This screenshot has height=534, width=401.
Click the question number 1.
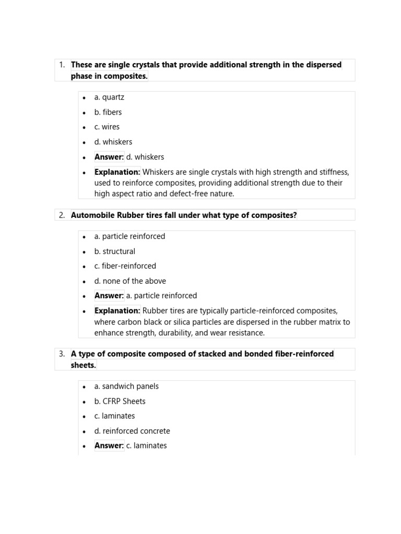[x=62, y=65]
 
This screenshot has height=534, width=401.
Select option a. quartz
[x=109, y=97]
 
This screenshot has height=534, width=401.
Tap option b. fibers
[x=108, y=112]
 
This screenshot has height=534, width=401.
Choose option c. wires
[x=107, y=127]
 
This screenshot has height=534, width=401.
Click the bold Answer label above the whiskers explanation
[x=109, y=157]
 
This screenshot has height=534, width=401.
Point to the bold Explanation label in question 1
[x=117, y=172]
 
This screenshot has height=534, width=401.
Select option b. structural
[x=114, y=251]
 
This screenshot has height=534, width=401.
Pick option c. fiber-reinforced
[x=125, y=266]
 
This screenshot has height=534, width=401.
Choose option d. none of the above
[x=130, y=281]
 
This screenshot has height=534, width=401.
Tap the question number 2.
[x=62, y=215]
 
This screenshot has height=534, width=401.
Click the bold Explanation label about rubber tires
[x=117, y=311]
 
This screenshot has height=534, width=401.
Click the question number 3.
[x=62, y=354]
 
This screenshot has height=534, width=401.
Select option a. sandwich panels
[x=126, y=386]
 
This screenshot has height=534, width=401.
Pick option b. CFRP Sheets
[x=120, y=402]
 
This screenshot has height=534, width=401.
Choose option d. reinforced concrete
[x=132, y=431]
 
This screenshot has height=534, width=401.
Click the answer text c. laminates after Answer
[x=147, y=446]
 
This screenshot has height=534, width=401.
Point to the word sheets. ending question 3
[x=84, y=365]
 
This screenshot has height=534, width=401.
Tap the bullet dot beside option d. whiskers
[x=84, y=142]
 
